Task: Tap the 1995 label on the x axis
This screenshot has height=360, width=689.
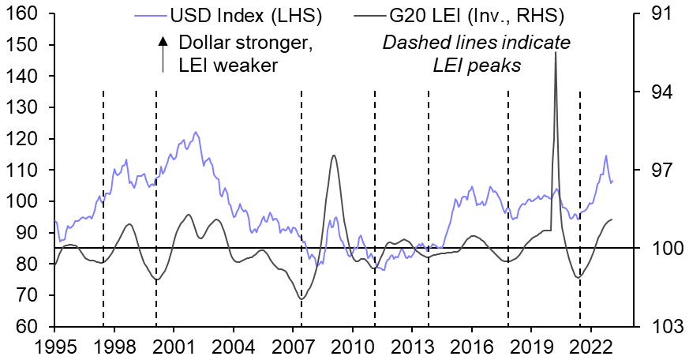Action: (x=54, y=347)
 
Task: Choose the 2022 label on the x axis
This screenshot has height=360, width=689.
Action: (x=591, y=347)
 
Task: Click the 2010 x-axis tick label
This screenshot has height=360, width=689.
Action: (x=352, y=347)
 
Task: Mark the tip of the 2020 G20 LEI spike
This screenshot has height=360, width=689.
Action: (x=556, y=52)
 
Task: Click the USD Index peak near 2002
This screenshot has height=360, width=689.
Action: (x=196, y=133)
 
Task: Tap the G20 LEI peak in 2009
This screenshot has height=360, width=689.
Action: (x=334, y=156)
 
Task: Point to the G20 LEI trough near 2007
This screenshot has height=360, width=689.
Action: (x=301, y=299)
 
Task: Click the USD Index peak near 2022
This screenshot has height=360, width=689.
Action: (x=605, y=156)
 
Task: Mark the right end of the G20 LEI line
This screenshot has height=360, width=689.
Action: (x=612, y=219)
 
